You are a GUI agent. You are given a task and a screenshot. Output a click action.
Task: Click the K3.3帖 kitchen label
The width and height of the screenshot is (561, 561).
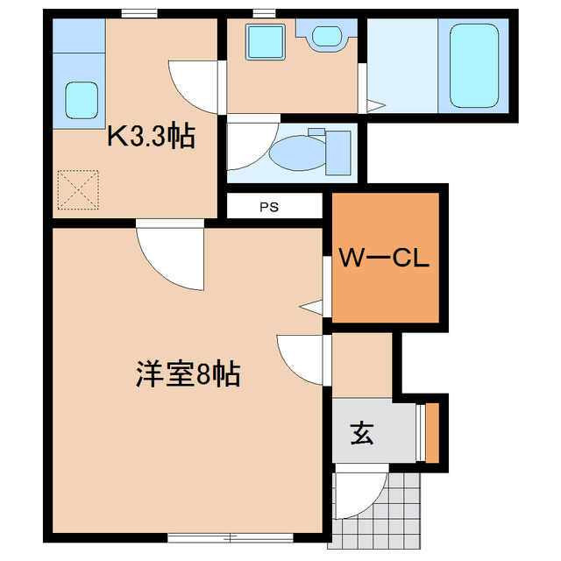click(151, 137)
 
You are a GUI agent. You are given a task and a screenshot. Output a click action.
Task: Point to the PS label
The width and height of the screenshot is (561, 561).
click(269, 208)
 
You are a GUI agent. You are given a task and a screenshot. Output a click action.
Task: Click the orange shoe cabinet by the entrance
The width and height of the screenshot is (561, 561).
click(430, 432)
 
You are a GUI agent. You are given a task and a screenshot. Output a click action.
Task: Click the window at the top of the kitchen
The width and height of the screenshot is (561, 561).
click(139, 12)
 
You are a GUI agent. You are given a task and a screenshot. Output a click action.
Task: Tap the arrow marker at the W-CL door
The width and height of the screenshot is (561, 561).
click(310, 307)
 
